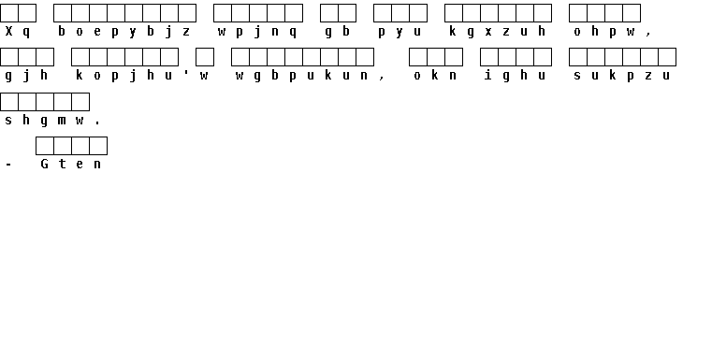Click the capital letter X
tap(8, 31)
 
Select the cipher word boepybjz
tap(124, 32)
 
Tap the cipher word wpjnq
tap(257, 32)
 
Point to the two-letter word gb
tap(338, 32)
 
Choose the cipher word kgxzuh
tap(497, 32)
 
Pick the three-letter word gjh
tap(26, 76)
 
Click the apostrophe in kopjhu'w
tap(186, 73)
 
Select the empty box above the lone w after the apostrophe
tap(205, 57)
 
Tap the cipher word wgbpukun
tap(301, 76)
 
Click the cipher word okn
tap(435, 76)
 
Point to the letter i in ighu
tap(488, 75)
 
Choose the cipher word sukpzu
tap(621, 76)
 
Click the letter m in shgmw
tap(62, 121)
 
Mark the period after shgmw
tap(97, 123)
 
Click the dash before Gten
tap(8, 165)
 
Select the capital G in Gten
tap(44, 164)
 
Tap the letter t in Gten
tap(62, 164)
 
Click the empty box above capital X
tap(9, 13)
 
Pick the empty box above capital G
tap(45, 146)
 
